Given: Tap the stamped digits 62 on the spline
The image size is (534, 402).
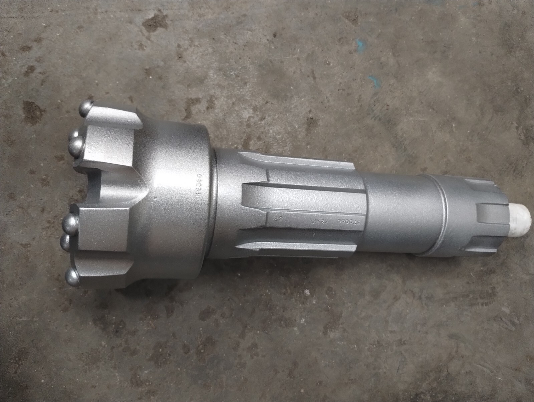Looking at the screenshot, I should (277, 219).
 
